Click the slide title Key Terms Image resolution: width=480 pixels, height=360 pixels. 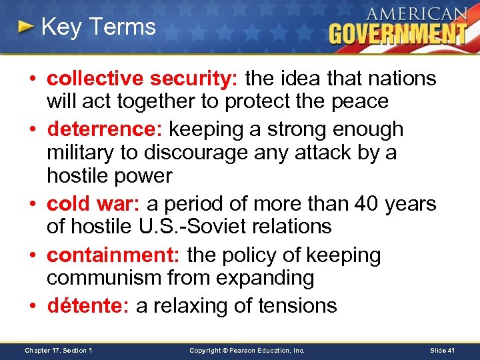[98, 27]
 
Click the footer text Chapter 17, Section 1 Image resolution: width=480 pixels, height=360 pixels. [58, 350]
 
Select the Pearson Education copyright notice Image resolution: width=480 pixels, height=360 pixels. [247, 350]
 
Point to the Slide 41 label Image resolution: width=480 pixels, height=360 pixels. [443, 350]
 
